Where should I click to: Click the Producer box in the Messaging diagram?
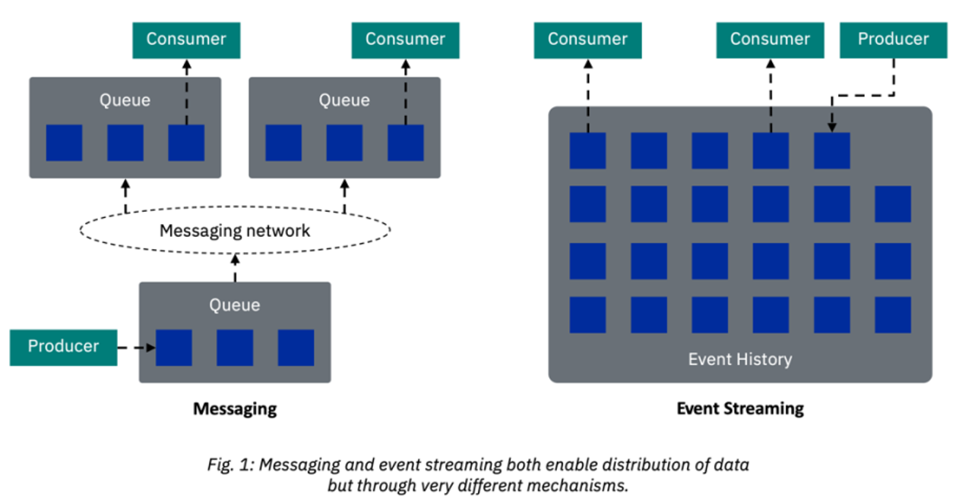(x=63, y=347)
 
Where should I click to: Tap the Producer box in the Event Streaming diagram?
(x=893, y=39)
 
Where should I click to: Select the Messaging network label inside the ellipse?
(x=235, y=230)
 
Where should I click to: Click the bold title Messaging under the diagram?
(x=235, y=409)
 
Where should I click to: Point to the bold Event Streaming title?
(x=740, y=408)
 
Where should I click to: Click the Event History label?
(x=740, y=359)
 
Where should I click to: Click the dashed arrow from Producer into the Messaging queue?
(x=137, y=348)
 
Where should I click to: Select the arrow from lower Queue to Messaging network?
(x=235, y=268)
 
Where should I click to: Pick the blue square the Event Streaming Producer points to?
(x=831, y=150)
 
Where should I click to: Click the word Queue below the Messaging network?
(x=235, y=305)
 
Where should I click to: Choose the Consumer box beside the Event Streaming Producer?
(x=770, y=39)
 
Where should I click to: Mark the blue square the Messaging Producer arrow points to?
(x=174, y=348)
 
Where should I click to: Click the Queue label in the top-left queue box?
(x=125, y=100)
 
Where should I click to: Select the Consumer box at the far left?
(x=186, y=39)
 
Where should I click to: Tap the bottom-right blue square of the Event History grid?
(x=893, y=314)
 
